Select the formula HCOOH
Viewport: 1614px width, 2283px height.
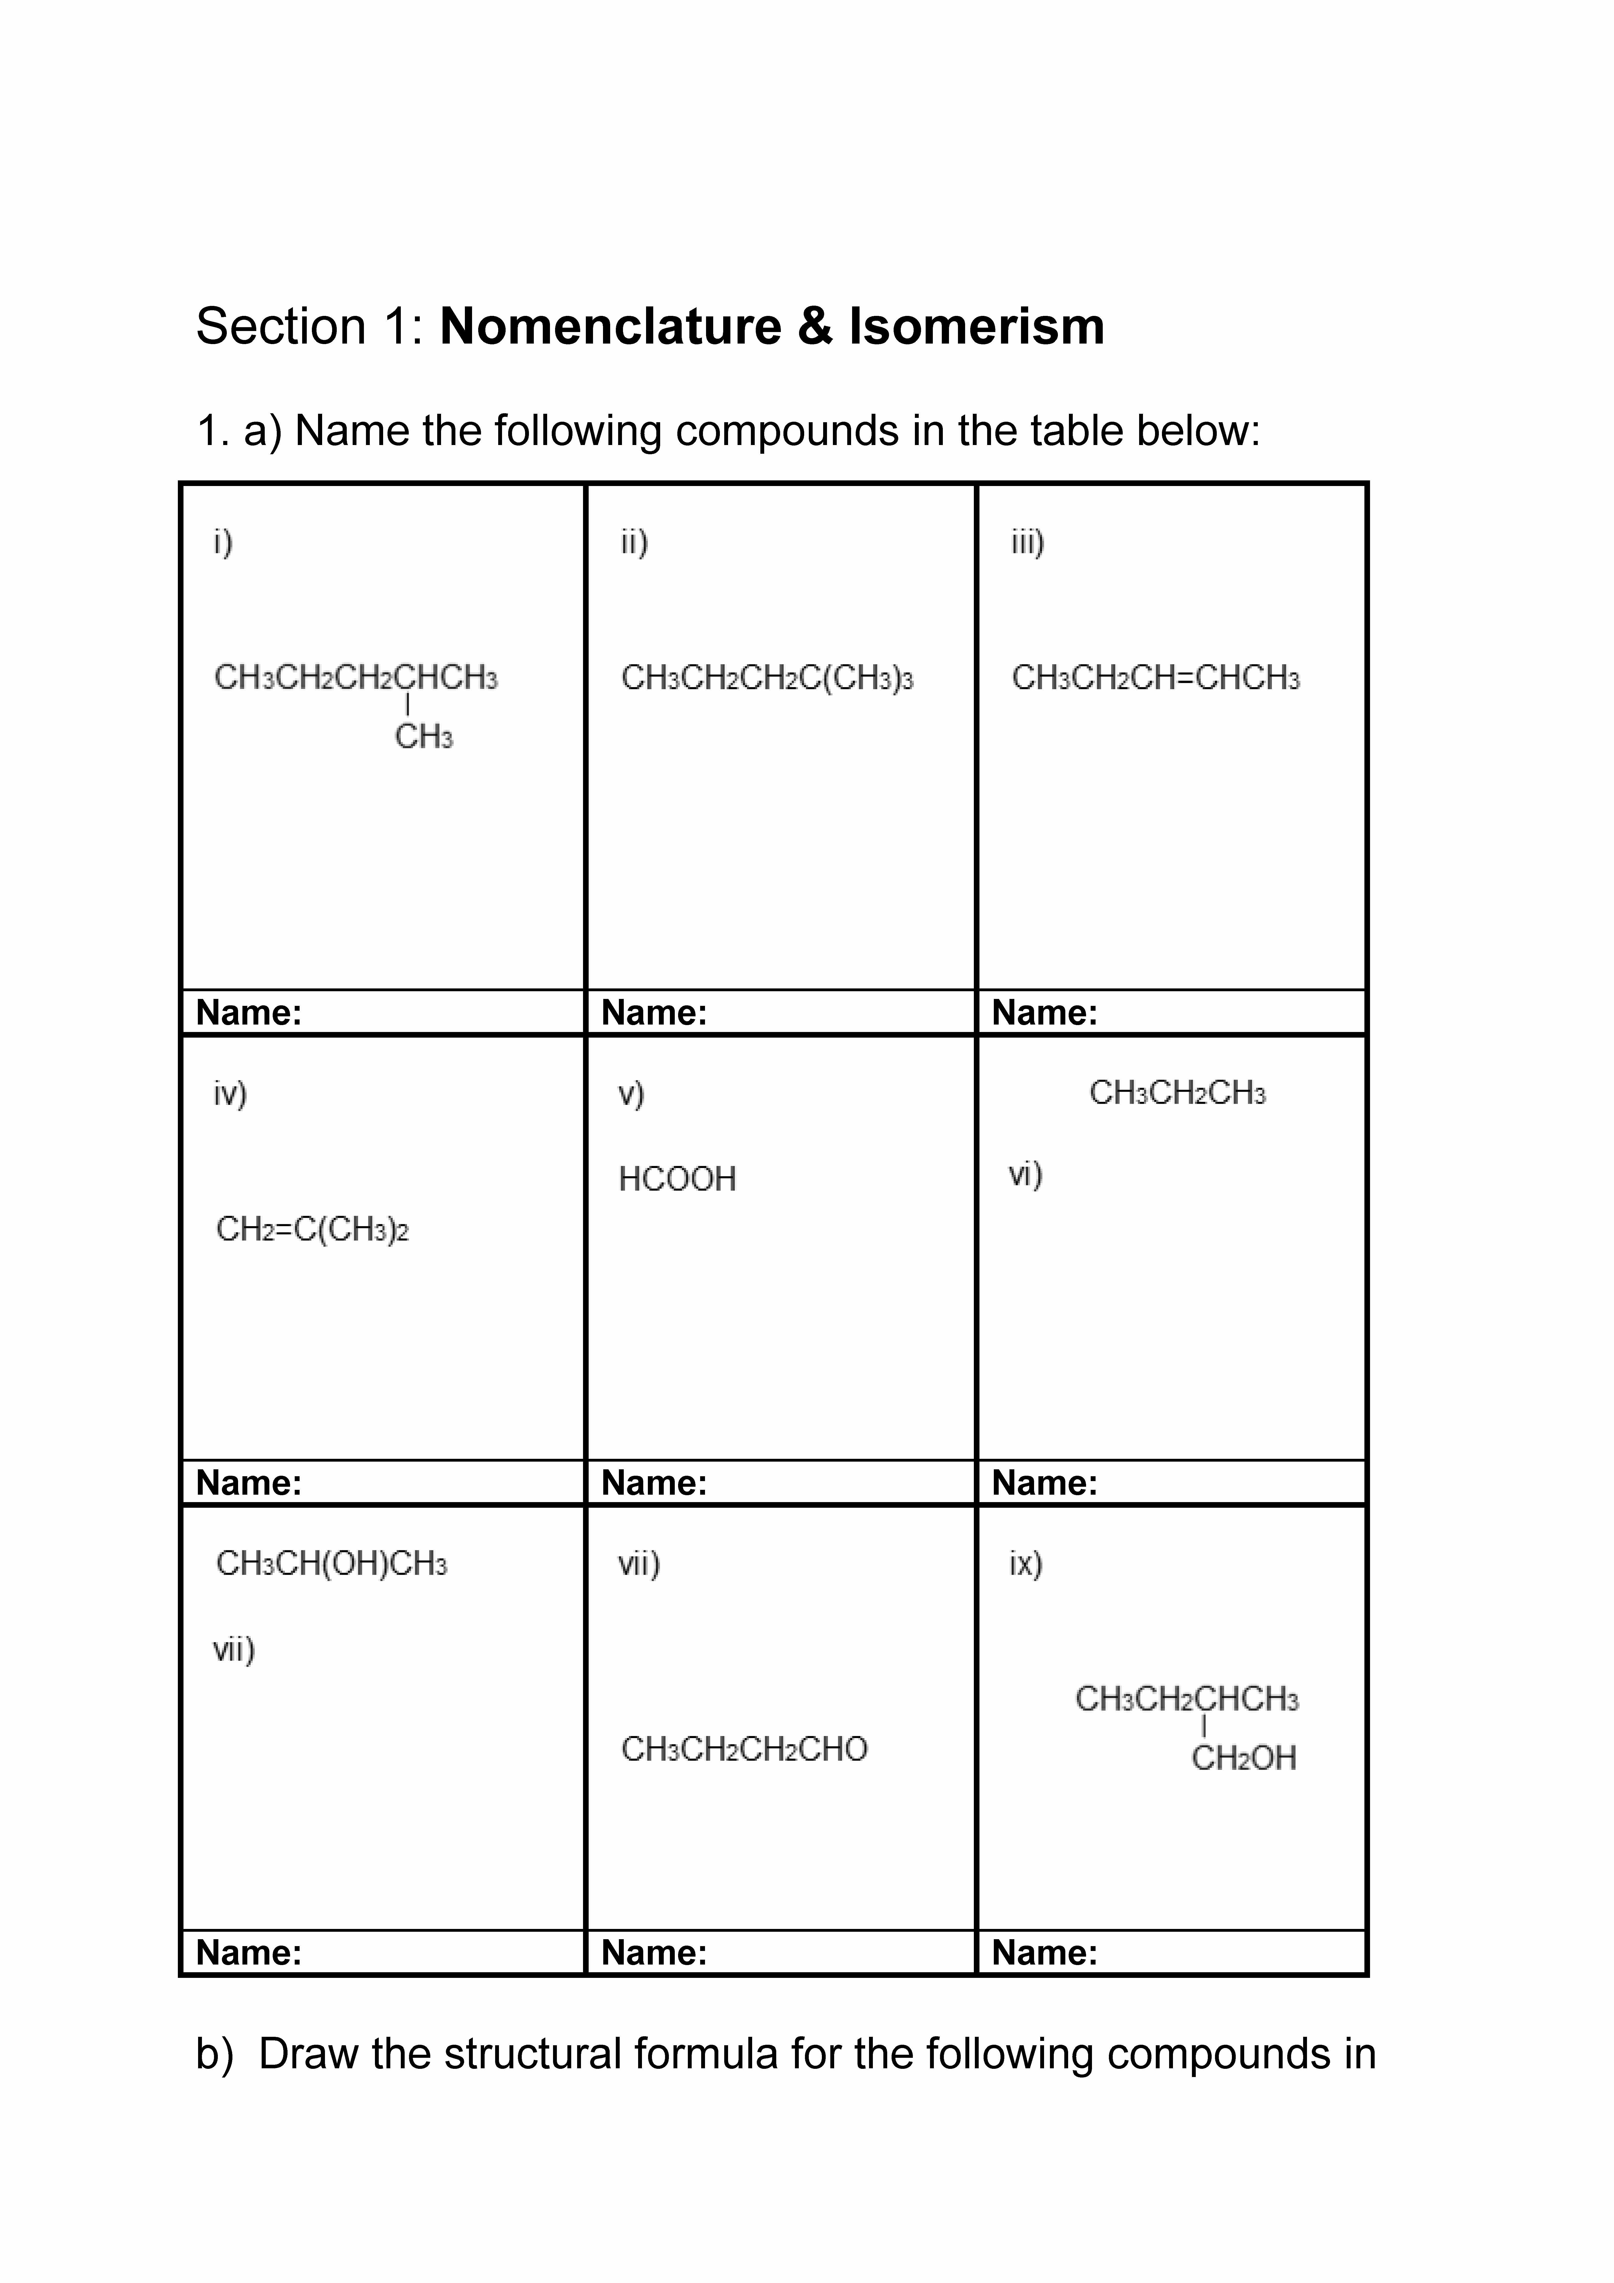click(677, 1179)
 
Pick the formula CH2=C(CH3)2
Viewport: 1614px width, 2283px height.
click(312, 1230)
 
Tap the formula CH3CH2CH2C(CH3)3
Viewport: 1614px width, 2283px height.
click(767, 678)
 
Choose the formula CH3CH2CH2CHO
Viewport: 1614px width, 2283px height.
click(744, 1749)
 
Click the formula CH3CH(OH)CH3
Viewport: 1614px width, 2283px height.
click(331, 1564)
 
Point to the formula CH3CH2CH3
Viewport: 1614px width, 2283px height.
click(1177, 1093)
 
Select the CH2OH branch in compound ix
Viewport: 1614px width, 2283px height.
click(1243, 1758)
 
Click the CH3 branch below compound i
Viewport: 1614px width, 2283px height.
click(424, 737)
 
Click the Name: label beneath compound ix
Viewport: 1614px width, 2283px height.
click(1044, 1953)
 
